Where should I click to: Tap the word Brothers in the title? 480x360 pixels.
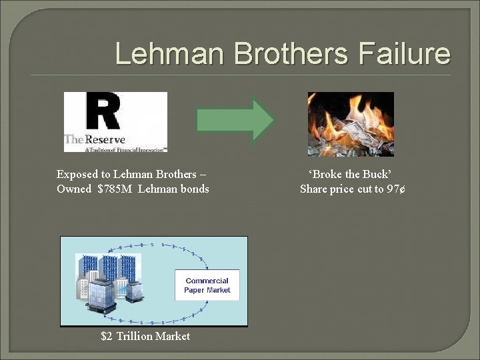point(288,54)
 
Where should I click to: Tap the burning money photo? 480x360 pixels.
point(351,124)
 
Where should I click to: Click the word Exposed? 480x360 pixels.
point(77,175)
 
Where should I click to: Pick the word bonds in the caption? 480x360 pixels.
point(195,189)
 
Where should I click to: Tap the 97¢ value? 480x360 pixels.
point(396,189)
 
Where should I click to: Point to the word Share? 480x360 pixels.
point(315,189)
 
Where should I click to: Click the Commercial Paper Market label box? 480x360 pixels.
point(207,285)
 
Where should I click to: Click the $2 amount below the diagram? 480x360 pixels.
point(107,337)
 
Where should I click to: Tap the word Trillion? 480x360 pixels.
point(135,337)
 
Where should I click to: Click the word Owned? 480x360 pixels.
point(75,189)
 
